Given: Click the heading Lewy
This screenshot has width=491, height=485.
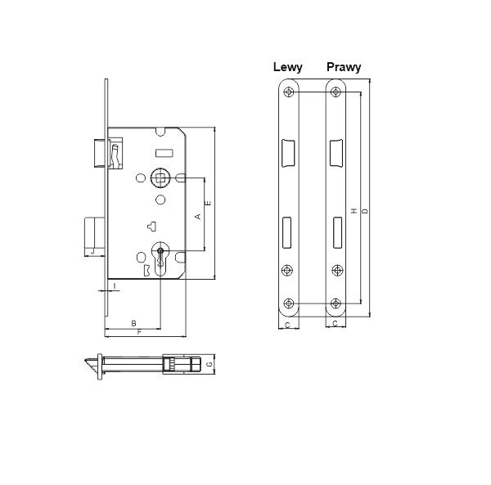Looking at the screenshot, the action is click(288, 67).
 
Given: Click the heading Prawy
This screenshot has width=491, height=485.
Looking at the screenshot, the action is click(344, 67).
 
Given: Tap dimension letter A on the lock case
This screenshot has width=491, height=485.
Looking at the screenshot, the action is click(198, 216).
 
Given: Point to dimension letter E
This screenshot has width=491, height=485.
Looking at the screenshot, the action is click(208, 203).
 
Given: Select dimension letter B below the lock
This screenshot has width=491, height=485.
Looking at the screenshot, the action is click(133, 323).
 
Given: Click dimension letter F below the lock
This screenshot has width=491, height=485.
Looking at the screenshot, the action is click(140, 332).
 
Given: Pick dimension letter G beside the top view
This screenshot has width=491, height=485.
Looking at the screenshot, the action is click(209, 364).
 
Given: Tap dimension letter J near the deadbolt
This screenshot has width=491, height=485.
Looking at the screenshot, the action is click(92, 250).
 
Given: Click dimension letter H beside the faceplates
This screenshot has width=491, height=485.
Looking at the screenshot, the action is click(354, 211).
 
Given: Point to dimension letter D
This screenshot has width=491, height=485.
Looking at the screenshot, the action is click(364, 212).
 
